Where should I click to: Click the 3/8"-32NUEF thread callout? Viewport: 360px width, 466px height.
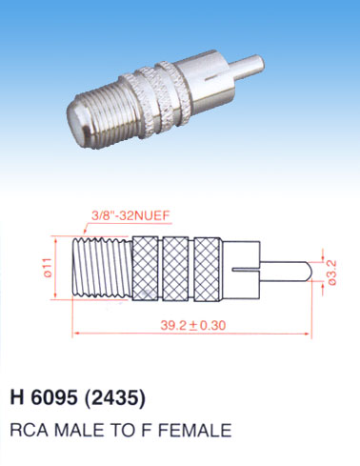pyautogui.click(x=130, y=216)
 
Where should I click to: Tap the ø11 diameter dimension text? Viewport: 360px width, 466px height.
pyautogui.click(x=48, y=268)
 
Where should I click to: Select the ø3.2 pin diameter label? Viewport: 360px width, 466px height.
pyautogui.click(x=332, y=273)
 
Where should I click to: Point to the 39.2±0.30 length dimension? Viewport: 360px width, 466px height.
pyautogui.click(x=192, y=325)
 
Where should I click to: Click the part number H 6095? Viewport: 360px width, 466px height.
pyautogui.click(x=44, y=396)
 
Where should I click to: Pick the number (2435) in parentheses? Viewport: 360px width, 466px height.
pyautogui.click(x=115, y=397)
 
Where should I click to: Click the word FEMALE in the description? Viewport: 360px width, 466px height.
pyautogui.click(x=194, y=430)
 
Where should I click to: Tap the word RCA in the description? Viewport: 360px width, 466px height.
pyautogui.click(x=30, y=430)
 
